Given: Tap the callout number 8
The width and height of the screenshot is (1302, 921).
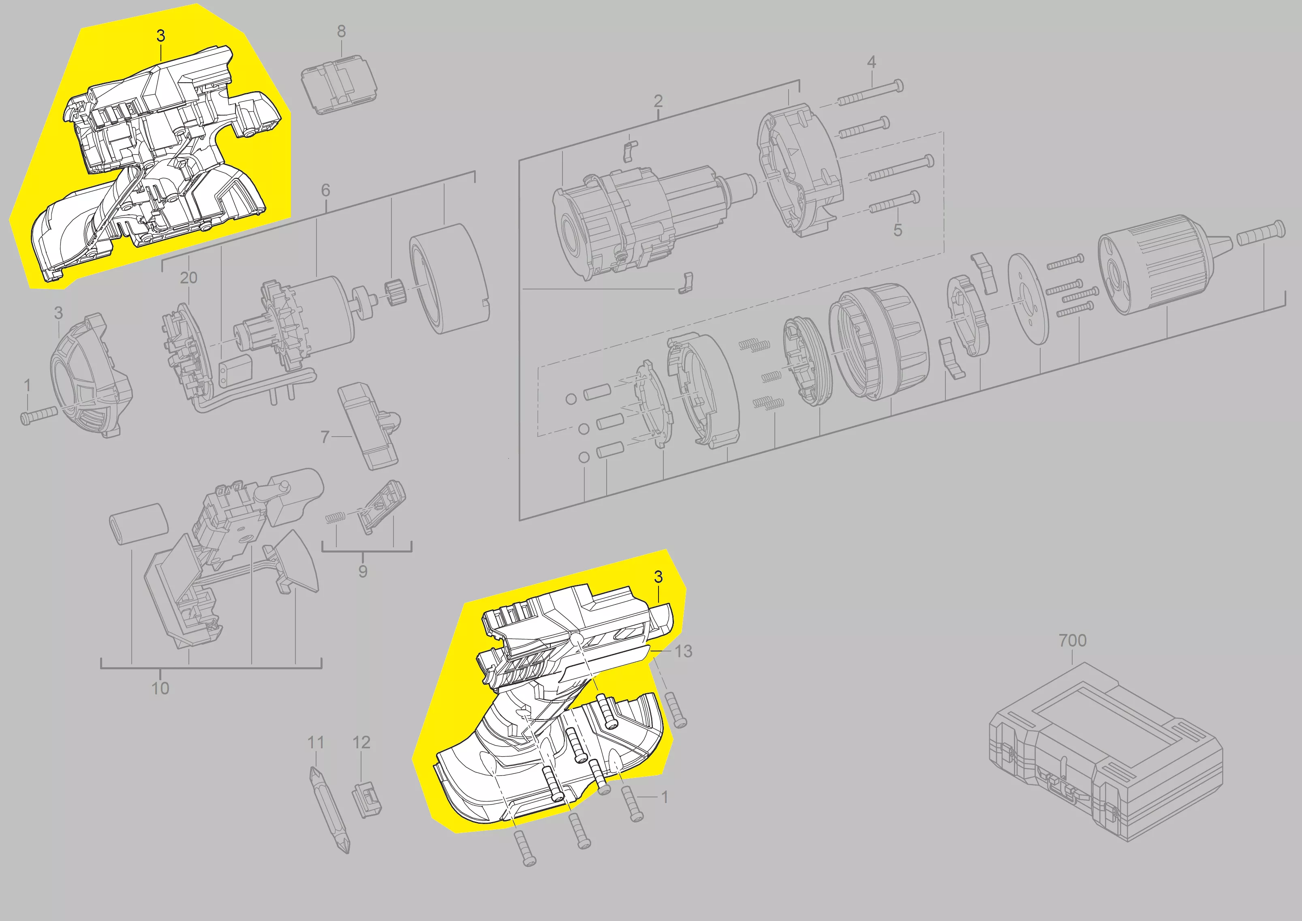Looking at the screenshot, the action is click(341, 32).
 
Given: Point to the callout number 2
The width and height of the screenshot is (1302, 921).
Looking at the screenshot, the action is click(658, 101).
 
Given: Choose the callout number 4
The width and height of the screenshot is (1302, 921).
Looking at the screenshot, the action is click(872, 62).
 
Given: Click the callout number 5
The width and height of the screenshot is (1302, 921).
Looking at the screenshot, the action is click(898, 230).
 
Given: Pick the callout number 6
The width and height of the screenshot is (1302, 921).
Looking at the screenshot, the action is click(325, 190).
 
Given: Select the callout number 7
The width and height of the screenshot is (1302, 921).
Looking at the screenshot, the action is click(325, 437).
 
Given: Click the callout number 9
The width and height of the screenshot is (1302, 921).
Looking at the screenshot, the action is click(363, 571).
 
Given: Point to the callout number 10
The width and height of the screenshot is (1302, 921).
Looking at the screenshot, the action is click(160, 688).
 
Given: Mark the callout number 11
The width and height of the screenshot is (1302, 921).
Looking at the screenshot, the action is click(315, 742).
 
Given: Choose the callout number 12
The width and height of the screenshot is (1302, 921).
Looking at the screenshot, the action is click(361, 742).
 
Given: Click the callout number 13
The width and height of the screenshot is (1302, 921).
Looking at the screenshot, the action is click(683, 651).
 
